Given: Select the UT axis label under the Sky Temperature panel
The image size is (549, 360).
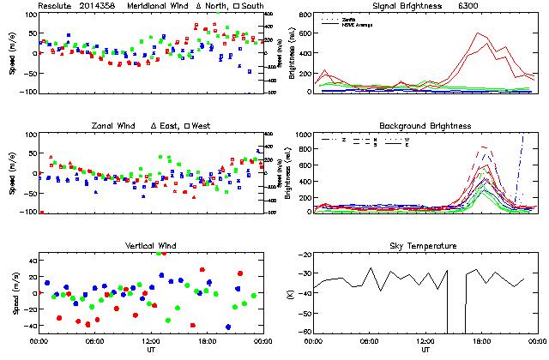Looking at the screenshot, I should (425, 351).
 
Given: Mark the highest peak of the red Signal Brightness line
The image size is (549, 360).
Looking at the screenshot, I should (477, 33).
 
